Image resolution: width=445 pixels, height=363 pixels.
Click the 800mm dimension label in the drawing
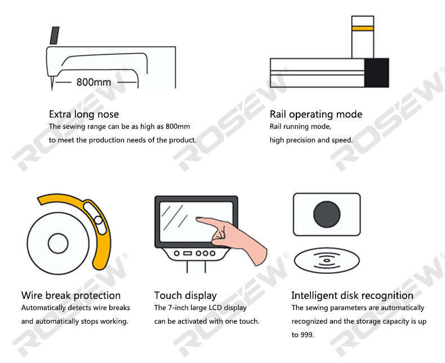coord(94,82)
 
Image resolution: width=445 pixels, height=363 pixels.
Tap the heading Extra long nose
coord(84,114)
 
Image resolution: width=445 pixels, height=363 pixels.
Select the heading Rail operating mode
coord(316,114)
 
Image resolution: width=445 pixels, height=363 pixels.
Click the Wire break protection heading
coord(71,295)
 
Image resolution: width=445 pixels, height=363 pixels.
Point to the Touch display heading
coord(186,295)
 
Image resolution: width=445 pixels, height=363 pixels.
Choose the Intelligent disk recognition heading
coord(352,295)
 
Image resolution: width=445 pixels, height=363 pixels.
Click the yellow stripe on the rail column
coord(363,28)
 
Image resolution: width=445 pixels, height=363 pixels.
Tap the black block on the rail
coord(377,73)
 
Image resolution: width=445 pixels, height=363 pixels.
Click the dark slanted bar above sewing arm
coord(55,35)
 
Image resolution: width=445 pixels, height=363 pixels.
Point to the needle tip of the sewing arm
coord(52,89)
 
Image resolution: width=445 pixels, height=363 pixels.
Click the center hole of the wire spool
coord(58,243)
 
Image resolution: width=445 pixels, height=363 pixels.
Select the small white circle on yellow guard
coord(99,220)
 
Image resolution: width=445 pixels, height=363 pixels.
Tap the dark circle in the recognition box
coord(327,214)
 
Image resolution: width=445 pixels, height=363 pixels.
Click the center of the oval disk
coord(327,261)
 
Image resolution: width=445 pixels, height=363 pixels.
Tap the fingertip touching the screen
coord(198,218)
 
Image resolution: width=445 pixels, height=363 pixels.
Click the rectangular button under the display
coord(188,253)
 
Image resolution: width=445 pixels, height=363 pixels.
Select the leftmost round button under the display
coord(176,253)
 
